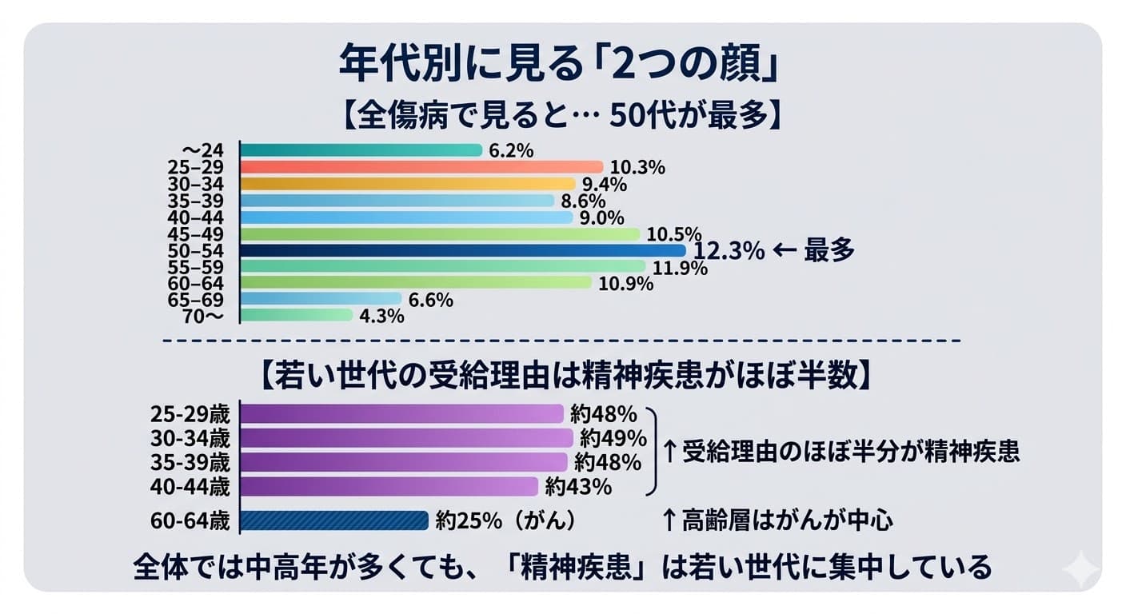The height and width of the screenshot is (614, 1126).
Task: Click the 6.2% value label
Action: (510, 150)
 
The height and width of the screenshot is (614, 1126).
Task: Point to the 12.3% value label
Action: (728, 251)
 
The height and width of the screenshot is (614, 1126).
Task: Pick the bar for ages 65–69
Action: (320, 299)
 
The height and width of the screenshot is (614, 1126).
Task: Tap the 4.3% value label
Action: (381, 317)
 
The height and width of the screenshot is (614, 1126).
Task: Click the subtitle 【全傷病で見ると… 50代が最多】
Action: (559, 116)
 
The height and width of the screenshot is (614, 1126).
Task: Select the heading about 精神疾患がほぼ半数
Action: (559, 374)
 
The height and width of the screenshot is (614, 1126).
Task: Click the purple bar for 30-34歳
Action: (406, 438)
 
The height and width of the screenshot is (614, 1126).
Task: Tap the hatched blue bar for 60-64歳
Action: (334, 520)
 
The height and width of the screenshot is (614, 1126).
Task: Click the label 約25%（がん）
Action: (505, 521)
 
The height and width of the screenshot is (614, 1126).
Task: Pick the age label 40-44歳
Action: (190, 486)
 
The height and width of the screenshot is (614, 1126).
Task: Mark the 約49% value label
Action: (613, 438)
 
